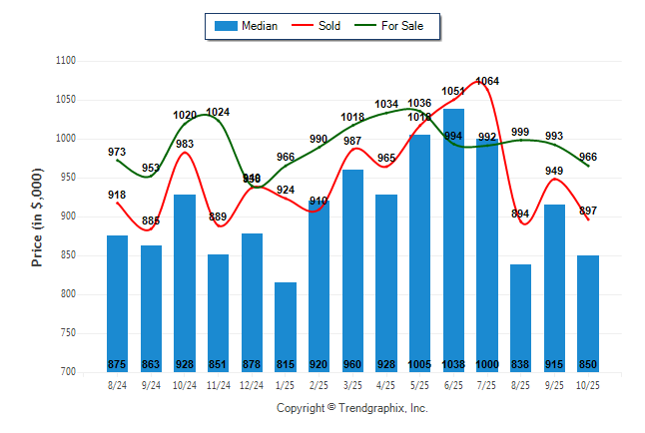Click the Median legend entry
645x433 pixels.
coord(246,26)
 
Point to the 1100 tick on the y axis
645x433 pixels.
coord(66,61)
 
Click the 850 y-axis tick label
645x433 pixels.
coord(68,255)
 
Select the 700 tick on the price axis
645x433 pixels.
coord(68,372)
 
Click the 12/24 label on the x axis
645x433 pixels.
coord(252,385)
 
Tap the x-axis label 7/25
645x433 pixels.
coord(487,385)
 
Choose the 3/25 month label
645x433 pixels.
coord(352,385)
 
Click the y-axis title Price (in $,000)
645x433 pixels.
coord(37,216)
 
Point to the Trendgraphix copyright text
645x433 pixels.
coord(351,408)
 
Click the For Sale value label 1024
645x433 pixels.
coord(218,112)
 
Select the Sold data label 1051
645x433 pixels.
coord(454,91)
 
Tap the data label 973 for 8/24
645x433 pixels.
coord(117,152)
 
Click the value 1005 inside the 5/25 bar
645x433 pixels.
coord(419,364)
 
